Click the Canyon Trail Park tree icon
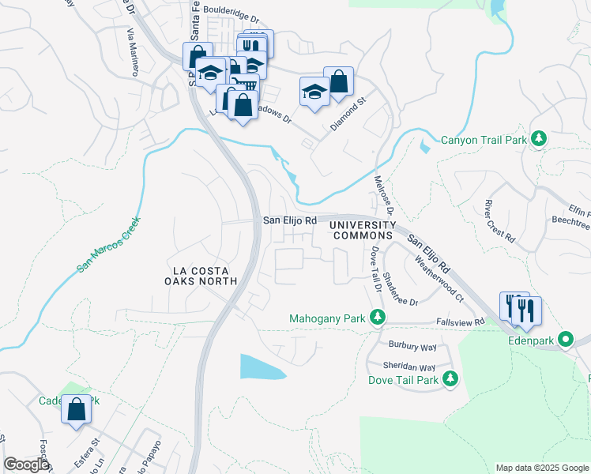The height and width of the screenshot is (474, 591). [x=539, y=140]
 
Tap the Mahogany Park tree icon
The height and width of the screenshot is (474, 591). [x=378, y=318]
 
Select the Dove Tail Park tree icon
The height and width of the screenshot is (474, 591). [x=450, y=379]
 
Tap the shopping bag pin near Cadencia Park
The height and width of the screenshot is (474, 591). [x=76, y=410]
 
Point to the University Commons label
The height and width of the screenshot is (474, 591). [x=361, y=231]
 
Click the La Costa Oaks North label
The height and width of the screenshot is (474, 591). [x=201, y=275]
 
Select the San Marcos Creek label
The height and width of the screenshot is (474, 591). [x=109, y=244]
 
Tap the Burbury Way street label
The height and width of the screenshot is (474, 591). [x=412, y=346]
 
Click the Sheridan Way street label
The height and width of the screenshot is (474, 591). [x=411, y=367]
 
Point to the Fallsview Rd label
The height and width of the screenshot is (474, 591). [x=459, y=322]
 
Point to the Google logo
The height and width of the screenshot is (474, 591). [x=26, y=465]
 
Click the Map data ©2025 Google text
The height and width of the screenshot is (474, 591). [x=541, y=468]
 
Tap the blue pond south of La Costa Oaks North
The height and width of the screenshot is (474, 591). [x=262, y=367]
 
